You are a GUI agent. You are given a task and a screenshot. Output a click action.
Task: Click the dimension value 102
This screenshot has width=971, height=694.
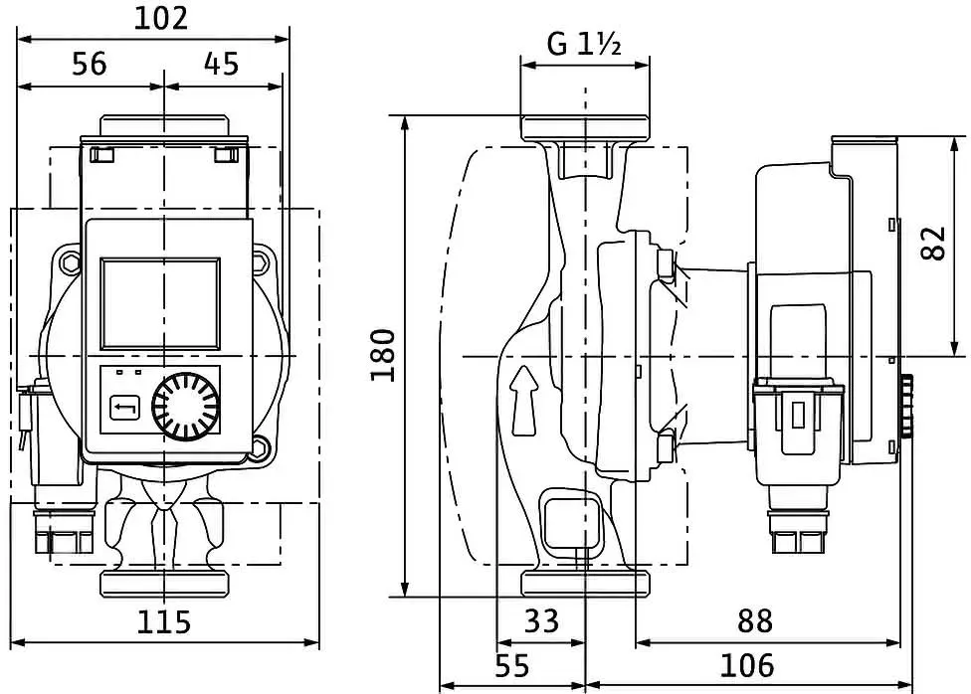[161, 19]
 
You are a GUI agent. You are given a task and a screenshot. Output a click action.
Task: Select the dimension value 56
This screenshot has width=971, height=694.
[90, 64]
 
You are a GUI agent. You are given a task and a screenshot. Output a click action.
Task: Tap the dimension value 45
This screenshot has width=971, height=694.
[221, 64]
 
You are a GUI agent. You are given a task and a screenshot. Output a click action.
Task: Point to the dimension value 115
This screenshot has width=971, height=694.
[163, 621]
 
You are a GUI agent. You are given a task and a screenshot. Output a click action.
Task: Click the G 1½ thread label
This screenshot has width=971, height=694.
[584, 44]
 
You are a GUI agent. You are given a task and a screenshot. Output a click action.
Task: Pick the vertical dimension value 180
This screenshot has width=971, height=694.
[383, 356]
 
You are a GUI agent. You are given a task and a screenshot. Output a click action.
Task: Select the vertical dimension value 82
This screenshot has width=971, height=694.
[934, 244]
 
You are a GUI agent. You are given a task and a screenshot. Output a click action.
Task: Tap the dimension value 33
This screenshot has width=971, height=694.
[541, 620]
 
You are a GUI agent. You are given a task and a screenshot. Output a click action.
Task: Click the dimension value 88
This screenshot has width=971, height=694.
[755, 620]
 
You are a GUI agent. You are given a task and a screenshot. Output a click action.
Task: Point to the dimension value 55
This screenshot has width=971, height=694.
[512, 666]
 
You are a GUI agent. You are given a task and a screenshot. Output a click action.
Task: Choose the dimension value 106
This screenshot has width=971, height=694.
[747, 666]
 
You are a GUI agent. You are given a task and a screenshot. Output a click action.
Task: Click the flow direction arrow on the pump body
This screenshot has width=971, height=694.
[524, 400]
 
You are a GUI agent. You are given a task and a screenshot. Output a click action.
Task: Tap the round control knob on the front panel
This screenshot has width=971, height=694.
[186, 406]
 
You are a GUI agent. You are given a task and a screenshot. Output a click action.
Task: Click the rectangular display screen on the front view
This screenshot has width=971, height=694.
[160, 303]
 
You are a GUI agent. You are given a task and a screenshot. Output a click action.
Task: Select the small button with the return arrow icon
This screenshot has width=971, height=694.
[124, 409]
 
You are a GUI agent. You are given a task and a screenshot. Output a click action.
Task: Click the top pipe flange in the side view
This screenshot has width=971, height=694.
[585, 128]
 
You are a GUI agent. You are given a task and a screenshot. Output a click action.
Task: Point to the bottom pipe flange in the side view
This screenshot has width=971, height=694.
[585, 584]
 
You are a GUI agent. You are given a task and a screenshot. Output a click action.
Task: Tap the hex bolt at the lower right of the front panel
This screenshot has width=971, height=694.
[260, 447]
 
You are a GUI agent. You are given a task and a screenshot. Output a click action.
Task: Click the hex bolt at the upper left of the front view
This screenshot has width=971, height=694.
[70, 262]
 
